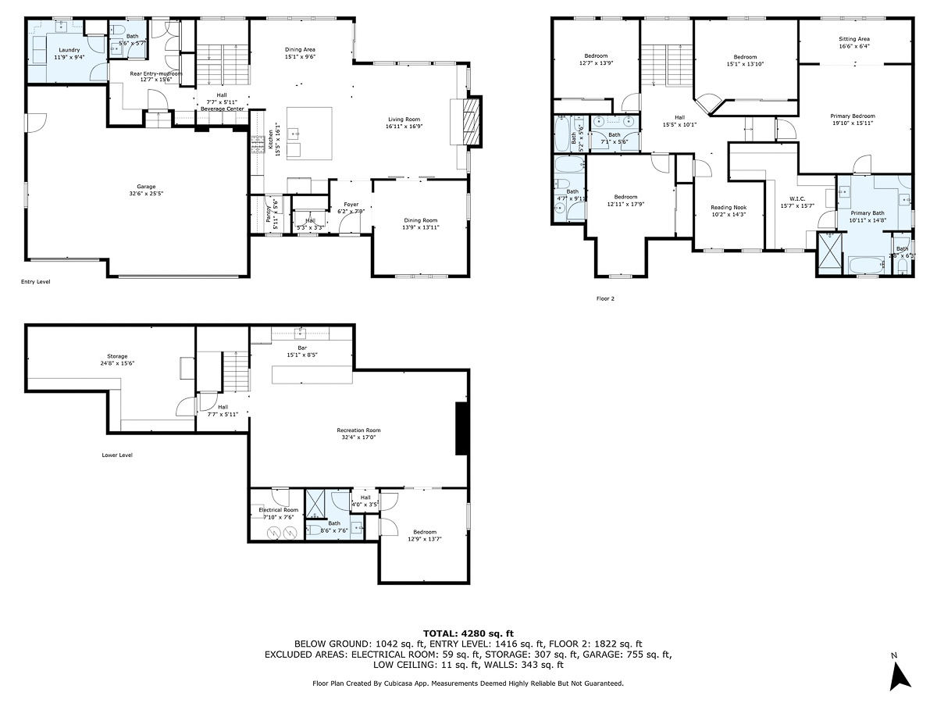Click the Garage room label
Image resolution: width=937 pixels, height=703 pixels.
[146, 186]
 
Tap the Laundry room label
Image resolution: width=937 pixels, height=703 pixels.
[69, 50]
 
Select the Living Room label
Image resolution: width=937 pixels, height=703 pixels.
[404, 120]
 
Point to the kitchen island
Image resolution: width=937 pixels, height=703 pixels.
[308, 133]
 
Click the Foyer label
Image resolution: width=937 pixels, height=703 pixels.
[351, 205]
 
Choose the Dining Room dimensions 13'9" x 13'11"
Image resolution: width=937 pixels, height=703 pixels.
[420, 227]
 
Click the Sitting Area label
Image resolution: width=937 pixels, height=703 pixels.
[853, 38]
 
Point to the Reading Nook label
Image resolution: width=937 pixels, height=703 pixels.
[728, 207]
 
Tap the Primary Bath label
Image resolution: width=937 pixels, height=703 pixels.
[867, 213]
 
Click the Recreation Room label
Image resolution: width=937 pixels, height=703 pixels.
[358, 430]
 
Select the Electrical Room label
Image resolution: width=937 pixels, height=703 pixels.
[278, 509]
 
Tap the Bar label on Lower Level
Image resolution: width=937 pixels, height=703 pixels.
[301, 348]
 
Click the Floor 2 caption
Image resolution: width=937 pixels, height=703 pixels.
[607, 298]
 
